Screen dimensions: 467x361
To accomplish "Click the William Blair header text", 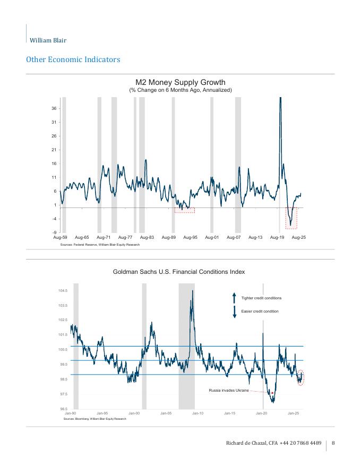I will (48, 40).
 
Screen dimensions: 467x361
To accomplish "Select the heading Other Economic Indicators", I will (73, 59).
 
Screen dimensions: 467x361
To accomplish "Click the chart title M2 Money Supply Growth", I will (180, 82).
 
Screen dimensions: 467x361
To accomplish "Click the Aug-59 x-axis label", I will (61, 238).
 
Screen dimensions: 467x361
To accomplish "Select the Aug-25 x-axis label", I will (299, 238).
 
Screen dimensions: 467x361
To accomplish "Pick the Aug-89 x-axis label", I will (169, 238).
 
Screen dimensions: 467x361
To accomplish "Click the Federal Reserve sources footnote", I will (100, 245).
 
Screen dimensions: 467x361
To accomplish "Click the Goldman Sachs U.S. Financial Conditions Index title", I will (179, 272).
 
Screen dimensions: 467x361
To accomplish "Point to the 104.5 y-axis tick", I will (62, 291).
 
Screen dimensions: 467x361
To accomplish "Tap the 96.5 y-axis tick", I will (63, 409).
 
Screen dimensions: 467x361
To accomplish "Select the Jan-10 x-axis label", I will (198, 413).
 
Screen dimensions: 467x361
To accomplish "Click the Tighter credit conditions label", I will (261, 298).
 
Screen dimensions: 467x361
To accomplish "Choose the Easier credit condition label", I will (260, 311).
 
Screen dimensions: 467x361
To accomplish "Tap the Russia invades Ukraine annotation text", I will (229, 390).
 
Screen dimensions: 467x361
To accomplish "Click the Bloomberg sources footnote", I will (94, 419).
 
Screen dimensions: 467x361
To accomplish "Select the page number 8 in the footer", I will (333, 443).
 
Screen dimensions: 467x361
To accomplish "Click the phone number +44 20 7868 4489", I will (300, 443).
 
